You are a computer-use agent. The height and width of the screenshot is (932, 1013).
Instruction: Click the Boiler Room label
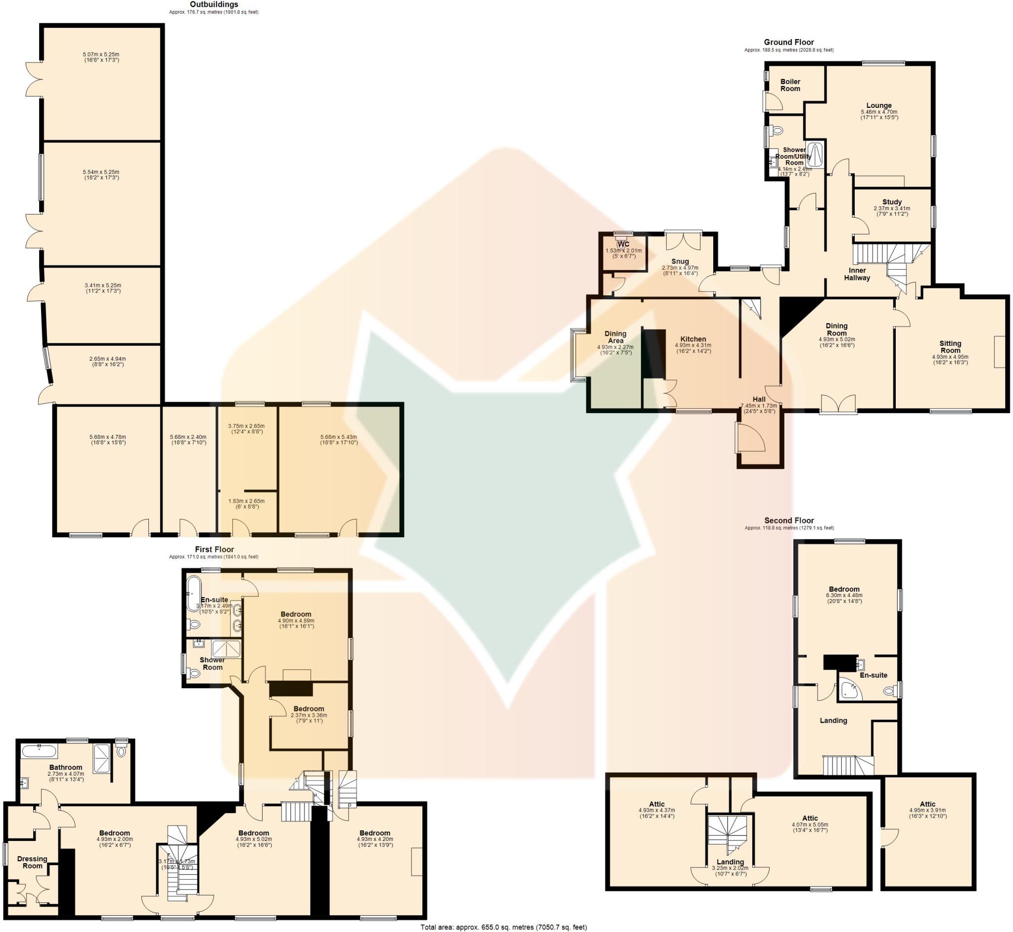pos(789,85)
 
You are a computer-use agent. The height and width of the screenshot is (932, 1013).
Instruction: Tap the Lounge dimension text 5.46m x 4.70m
pos(879,112)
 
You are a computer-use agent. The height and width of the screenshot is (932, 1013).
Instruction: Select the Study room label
pos(892,202)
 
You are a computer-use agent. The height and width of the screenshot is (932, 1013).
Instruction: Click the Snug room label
pos(680,261)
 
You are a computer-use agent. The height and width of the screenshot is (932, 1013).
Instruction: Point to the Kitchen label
pos(693,339)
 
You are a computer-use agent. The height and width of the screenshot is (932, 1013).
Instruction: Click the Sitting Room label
pos(950,346)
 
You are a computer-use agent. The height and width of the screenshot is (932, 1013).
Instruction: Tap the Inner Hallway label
pos(857,274)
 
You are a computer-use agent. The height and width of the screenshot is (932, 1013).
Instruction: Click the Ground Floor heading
pos(788,42)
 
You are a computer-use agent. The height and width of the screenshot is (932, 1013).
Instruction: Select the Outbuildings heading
pos(214,4)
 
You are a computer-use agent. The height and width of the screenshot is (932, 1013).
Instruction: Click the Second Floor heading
pos(788,520)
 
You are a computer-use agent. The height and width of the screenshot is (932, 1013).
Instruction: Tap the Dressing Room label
pos(32,862)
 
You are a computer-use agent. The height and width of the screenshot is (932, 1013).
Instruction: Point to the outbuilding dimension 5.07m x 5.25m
pos(101,54)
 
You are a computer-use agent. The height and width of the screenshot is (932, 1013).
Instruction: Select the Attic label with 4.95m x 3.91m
pos(927,804)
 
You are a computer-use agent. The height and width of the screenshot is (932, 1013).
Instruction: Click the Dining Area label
pos(615,337)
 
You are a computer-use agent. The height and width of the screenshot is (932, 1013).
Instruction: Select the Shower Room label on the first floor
pos(212,663)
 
